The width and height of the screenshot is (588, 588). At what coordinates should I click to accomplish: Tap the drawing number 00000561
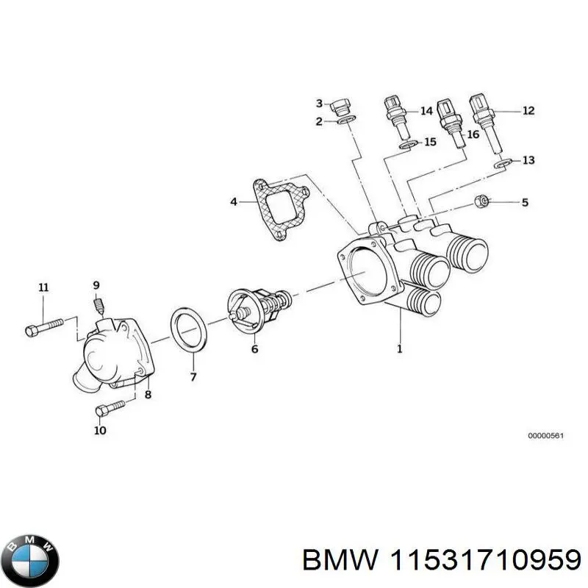point(545,436)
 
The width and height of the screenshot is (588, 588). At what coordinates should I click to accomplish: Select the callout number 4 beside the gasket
point(233,201)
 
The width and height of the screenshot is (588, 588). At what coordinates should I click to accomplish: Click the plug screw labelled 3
point(341,107)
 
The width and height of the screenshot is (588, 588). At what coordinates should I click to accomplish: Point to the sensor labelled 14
point(395,116)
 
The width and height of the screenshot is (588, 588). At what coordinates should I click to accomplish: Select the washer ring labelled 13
point(502,162)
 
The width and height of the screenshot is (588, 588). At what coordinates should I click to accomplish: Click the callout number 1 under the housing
point(400,350)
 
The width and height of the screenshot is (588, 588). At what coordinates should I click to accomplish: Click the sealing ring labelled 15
point(407,144)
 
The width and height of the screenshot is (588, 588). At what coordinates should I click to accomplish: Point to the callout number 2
point(319,121)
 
